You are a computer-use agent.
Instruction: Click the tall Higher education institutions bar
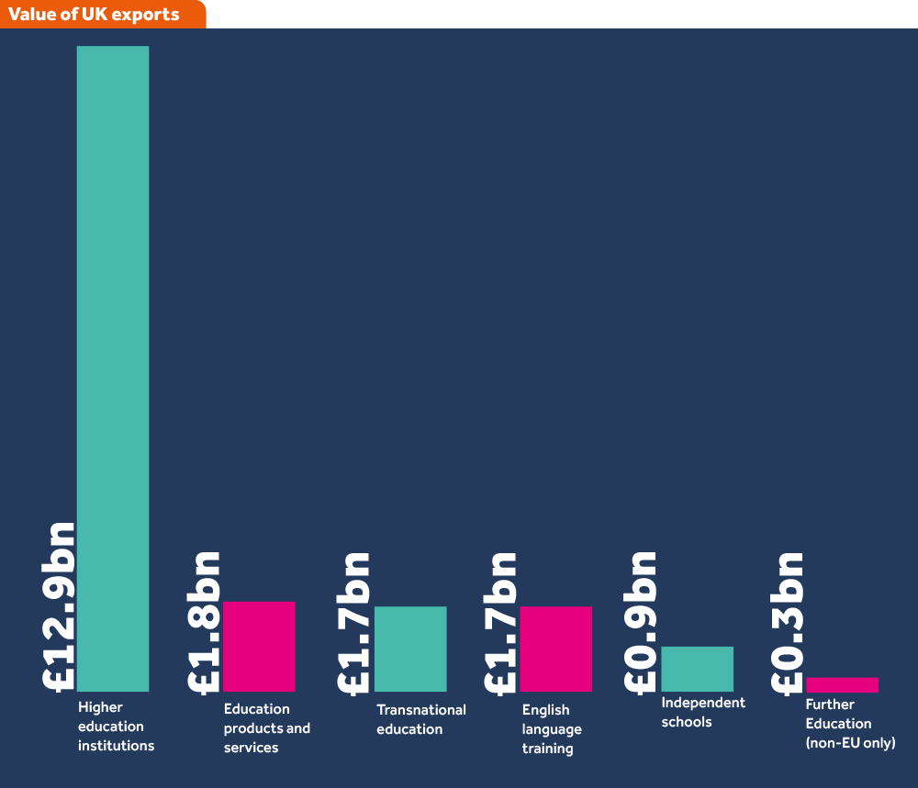click(x=112, y=368)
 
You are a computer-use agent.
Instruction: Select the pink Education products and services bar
click(x=259, y=646)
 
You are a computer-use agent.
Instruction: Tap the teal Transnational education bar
click(x=409, y=649)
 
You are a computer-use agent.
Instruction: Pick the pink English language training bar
click(x=555, y=649)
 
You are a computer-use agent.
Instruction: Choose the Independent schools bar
click(x=697, y=669)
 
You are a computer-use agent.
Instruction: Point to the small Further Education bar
click(x=842, y=684)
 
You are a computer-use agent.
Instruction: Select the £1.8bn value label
click(x=203, y=621)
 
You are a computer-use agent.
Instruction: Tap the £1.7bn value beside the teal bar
click(x=353, y=622)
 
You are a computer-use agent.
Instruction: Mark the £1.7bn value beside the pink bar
click(x=499, y=622)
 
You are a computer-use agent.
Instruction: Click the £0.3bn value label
click(x=787, y=621)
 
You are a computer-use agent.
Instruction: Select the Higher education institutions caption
click(x=116, y=727)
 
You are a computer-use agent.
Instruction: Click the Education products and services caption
click(x=266, y=728)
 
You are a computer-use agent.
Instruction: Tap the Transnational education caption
click(x=420, y=719)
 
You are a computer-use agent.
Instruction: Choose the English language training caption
click(x=551, y=729)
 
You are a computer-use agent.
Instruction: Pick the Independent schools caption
click(x=702, y=712)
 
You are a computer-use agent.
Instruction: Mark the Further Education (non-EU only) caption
click(x=849, y=724)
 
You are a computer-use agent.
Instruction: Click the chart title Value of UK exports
click(x=95, y=15)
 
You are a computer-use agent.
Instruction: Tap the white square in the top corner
click(x=906, y=14)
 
